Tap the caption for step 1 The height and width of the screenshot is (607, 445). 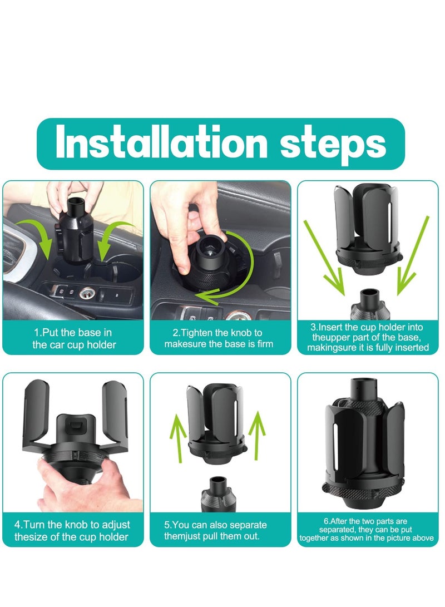click(x=73, y=338)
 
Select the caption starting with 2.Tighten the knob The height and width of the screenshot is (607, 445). click(x=219, y=338)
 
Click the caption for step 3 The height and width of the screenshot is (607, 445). click(x=368, y=337)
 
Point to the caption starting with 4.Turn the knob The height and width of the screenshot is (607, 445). click(x=72, y=531)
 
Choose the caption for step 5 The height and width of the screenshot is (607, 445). click(x=215, y=530)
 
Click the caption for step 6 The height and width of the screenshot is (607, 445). click(x=367, y=530)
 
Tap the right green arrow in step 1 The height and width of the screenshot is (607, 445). click(x=115, y=238)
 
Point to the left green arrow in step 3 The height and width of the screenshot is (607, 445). click(x=324, y=258)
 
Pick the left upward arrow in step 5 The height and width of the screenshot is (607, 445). click(x=179, y=438)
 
